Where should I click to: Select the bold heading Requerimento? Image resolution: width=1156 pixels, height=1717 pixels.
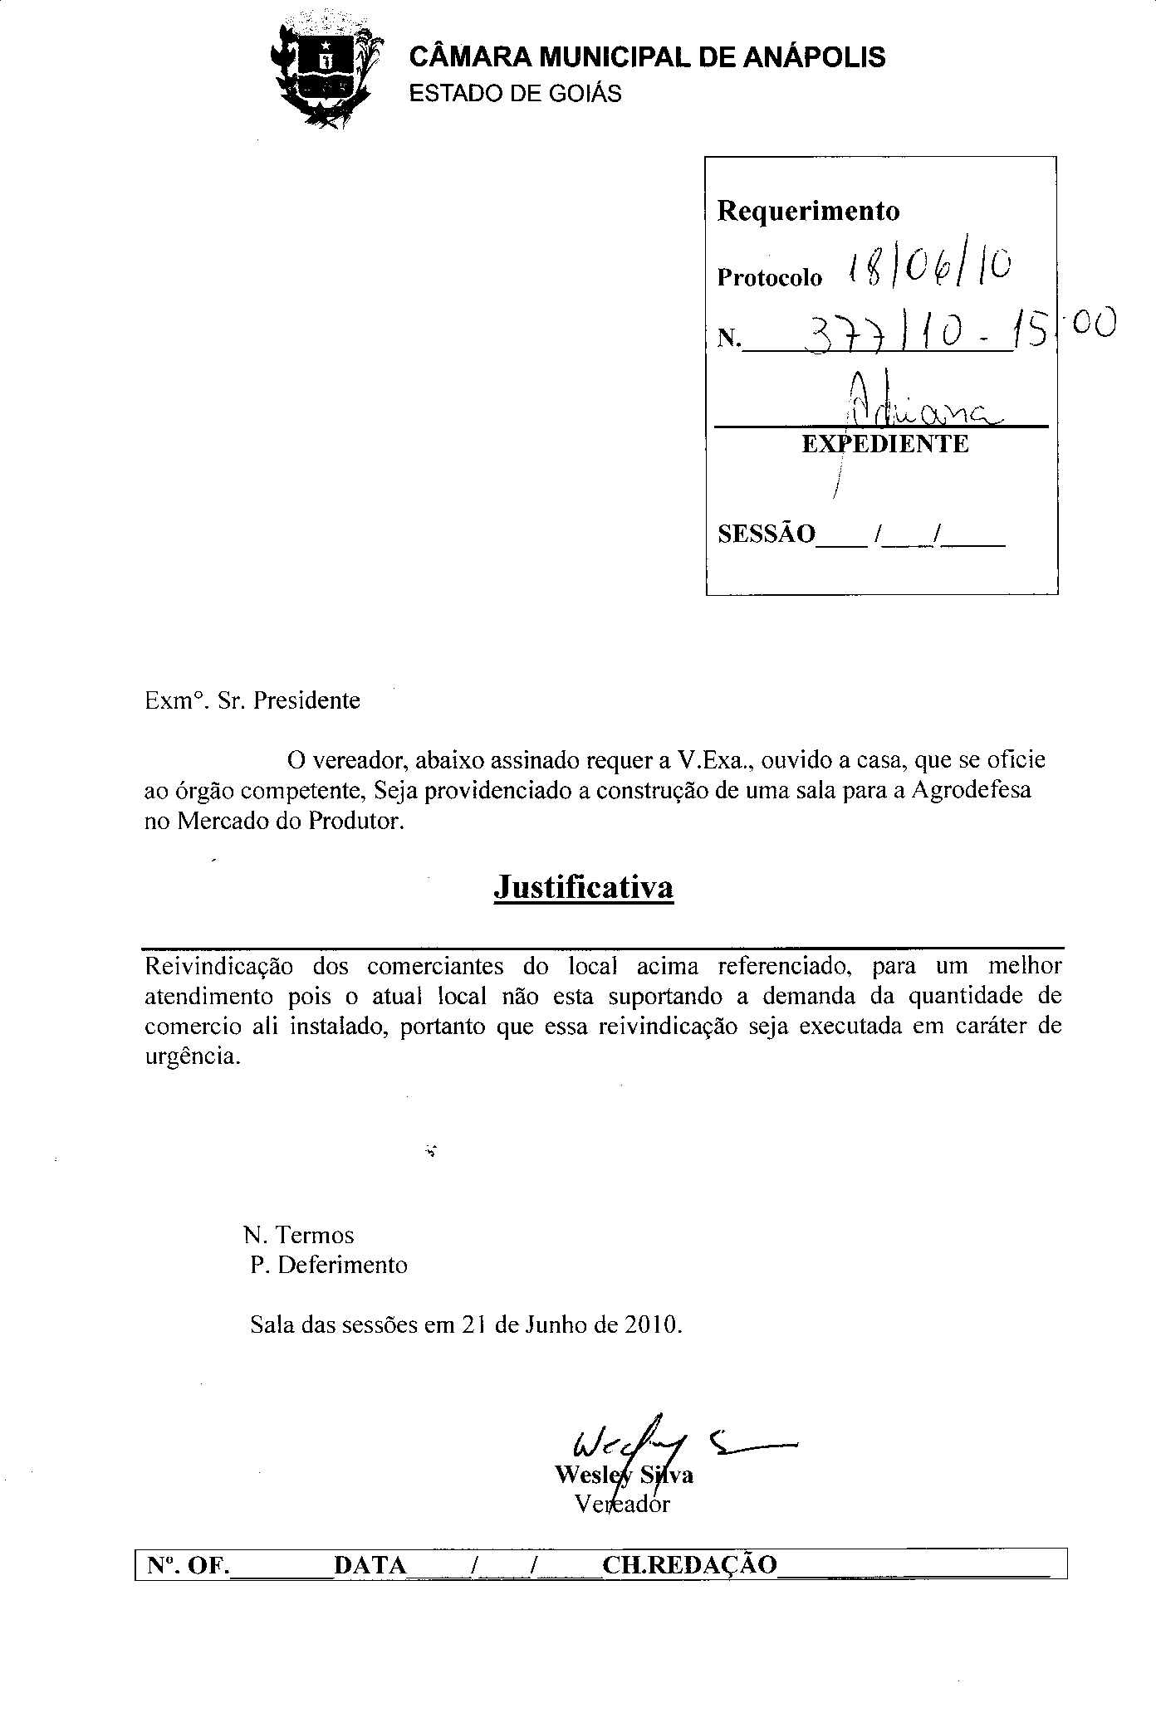(807, 211)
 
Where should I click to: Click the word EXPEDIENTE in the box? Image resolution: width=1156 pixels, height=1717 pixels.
(885, 445)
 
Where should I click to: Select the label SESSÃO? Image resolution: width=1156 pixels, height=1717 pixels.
(767, 534)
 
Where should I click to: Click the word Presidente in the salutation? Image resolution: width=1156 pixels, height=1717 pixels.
(306, 700)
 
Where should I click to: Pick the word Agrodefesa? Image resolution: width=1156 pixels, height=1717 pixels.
(971, 789)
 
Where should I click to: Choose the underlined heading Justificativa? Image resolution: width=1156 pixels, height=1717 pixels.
(583, 887)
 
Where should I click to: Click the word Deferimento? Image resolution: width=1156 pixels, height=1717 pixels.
(342, 1265)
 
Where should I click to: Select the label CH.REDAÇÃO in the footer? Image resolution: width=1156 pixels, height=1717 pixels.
(689, 1564)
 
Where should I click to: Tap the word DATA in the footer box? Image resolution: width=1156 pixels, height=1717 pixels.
(370, 1564)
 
